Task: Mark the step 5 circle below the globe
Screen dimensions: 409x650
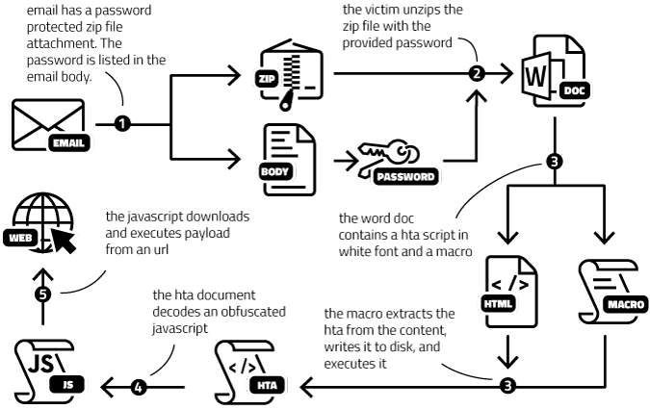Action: [42, 294]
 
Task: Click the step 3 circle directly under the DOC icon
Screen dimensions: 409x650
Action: [553, 162]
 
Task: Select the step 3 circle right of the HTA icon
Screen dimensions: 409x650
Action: [507, 387]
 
